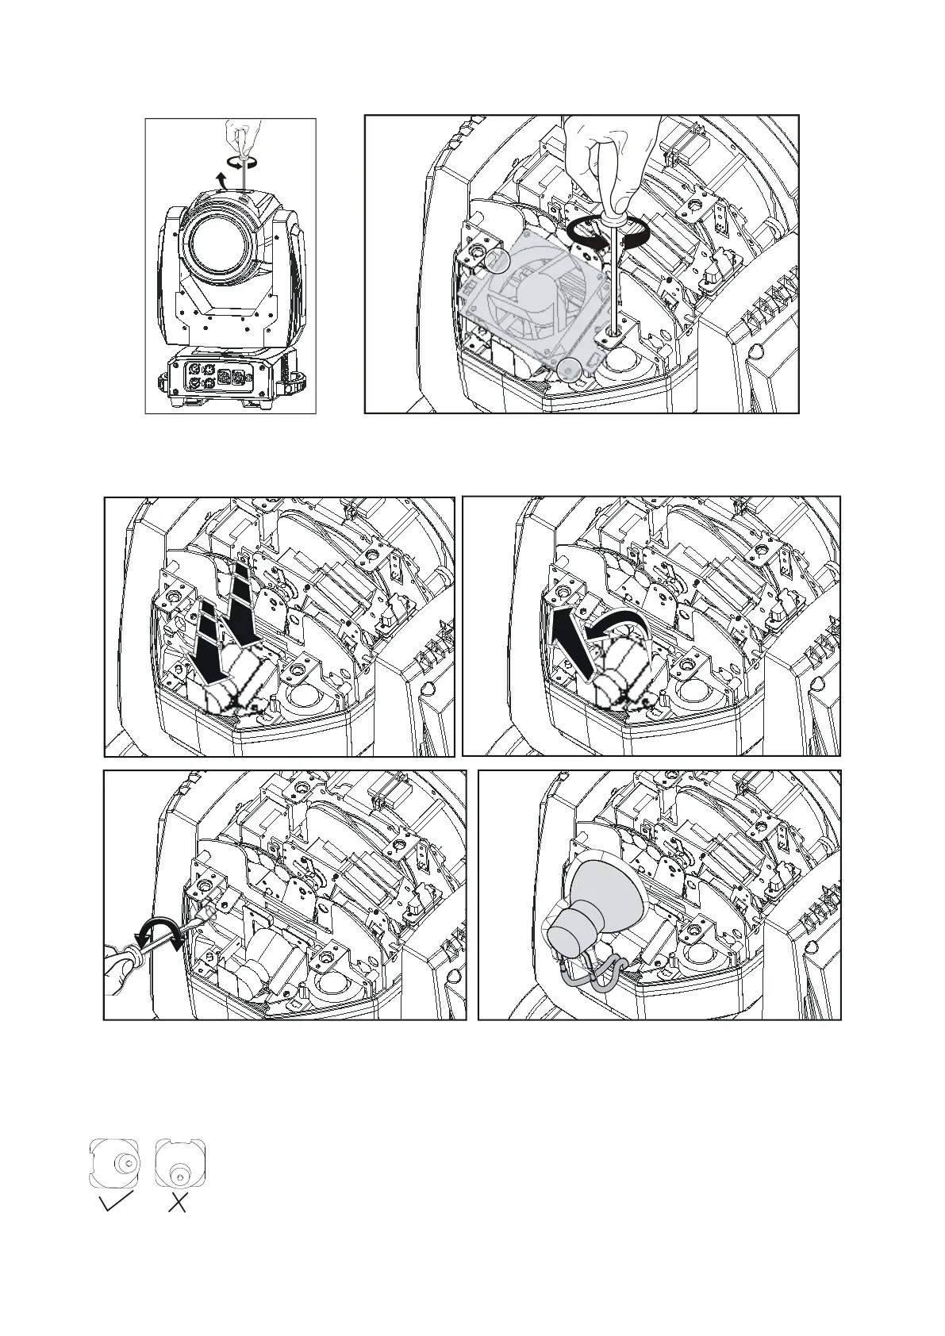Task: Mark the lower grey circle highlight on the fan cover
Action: pos(567,368)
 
